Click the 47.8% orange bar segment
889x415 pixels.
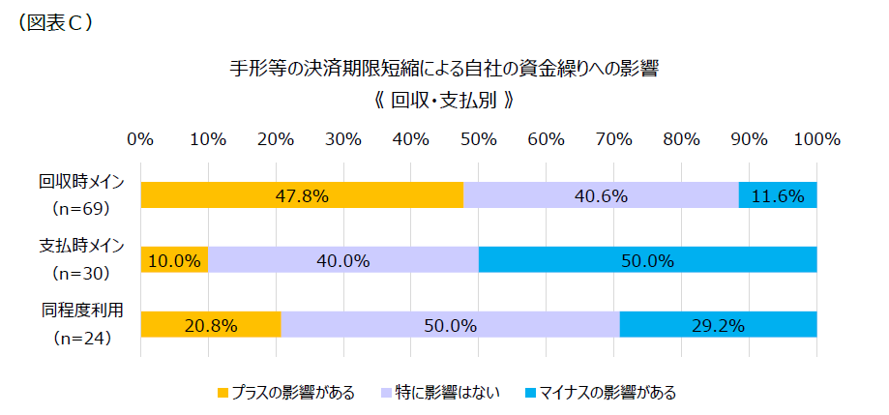coord(302,195)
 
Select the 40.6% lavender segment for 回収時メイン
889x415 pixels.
coord(601,195)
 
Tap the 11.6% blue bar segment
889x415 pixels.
coord(778,195)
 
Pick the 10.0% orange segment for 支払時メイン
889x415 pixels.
coord(174,260)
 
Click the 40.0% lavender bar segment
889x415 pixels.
coord(343,260)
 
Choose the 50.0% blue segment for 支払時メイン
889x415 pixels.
coord(647,260)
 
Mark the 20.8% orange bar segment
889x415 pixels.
coord(211,325)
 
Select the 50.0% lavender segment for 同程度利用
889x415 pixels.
coord(450,325)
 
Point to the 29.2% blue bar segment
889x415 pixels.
coord(718,325)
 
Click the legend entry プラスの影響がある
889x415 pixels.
coord(286,393)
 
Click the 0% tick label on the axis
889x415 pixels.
coord(141,138)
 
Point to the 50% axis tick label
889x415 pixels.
coord(479,138)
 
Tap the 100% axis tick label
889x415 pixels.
coord(815,138)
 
